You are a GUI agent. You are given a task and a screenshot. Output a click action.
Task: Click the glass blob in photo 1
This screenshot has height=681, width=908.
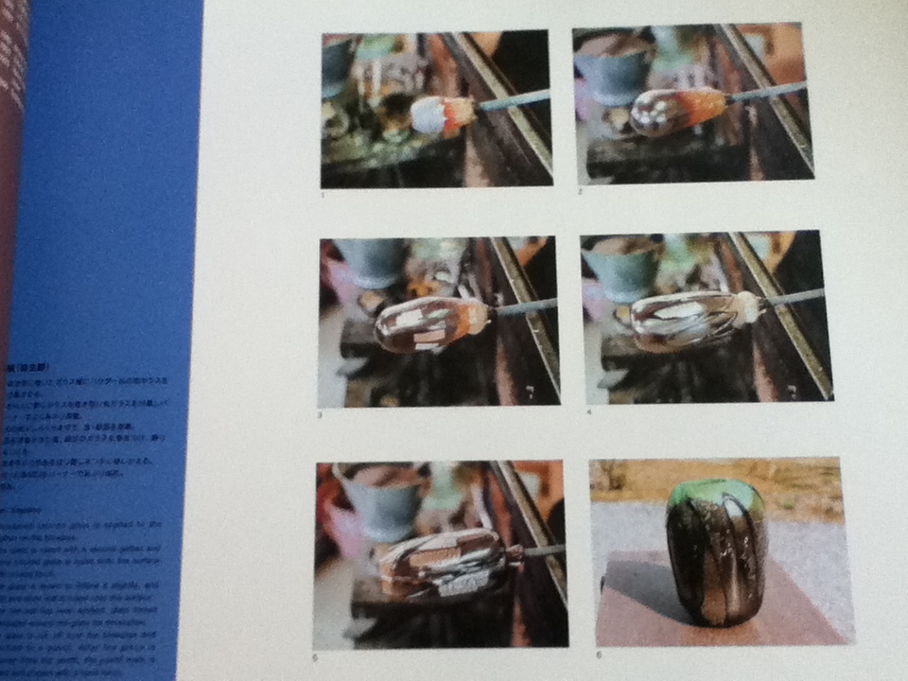point(442,114)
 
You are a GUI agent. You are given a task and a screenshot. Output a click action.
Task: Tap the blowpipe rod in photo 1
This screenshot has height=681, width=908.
point(515,99)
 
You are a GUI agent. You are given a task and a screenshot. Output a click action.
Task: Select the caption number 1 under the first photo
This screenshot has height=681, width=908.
point(323,195)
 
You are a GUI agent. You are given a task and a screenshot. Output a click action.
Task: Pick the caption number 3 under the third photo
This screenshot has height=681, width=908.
point(320,415)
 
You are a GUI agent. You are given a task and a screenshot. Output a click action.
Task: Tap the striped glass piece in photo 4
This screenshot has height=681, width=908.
point(690,319)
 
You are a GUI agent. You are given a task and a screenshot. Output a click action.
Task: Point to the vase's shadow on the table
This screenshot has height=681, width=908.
point(643,591)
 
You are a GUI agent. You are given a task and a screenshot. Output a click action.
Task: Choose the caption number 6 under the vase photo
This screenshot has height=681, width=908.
point(598,655)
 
